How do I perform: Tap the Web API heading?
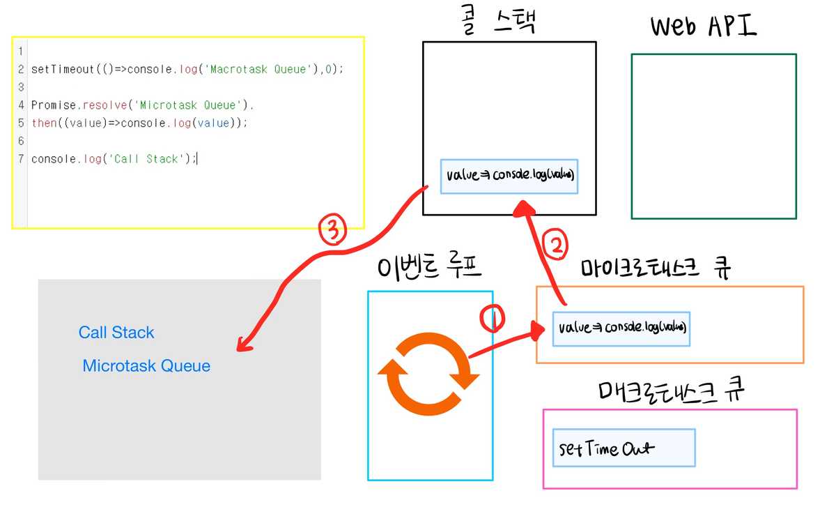tap(703, 26)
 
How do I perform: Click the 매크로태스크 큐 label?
tap(672, 391)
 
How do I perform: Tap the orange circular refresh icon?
tap(428, 373)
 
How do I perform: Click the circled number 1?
tap(492, 318)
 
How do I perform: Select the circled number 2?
tap(555, 245)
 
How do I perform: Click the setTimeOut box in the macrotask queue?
tap(624, 448)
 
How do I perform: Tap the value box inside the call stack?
tap(509, 176)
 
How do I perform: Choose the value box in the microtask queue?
tap(622, 328)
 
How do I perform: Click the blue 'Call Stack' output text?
tap(116, 333)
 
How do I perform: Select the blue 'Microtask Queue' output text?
tap(146, 365)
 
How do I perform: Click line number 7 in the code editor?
tap(22, 159)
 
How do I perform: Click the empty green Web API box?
tap(713, 136)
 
